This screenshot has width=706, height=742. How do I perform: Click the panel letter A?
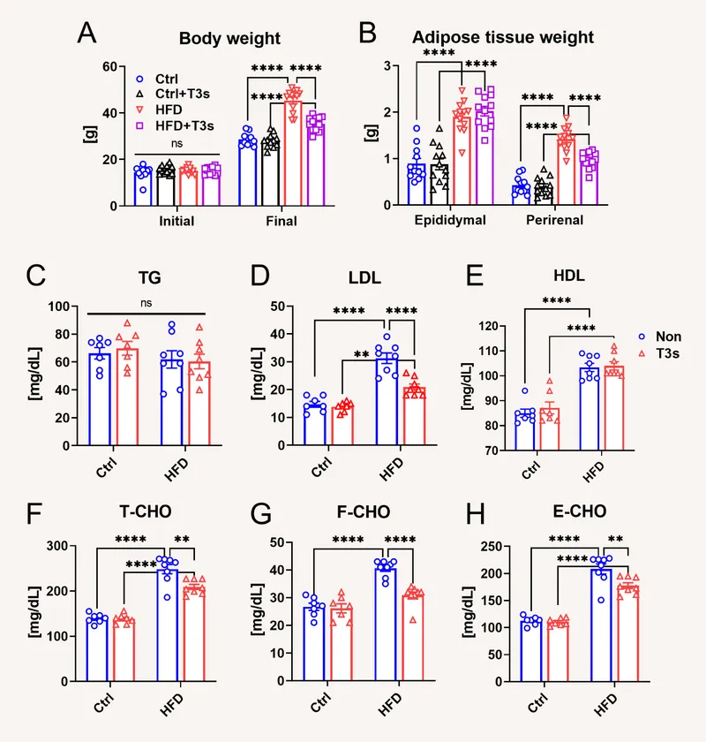click(x=86, y=33)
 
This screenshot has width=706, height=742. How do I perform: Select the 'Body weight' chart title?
click(x=229, y=39)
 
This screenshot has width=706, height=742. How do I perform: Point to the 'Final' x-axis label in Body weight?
click(x=282, y=221)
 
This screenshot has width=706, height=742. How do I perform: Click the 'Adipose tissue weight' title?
click(x=503, y=38)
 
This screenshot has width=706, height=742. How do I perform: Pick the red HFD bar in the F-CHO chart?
click(x=413, y=638)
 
